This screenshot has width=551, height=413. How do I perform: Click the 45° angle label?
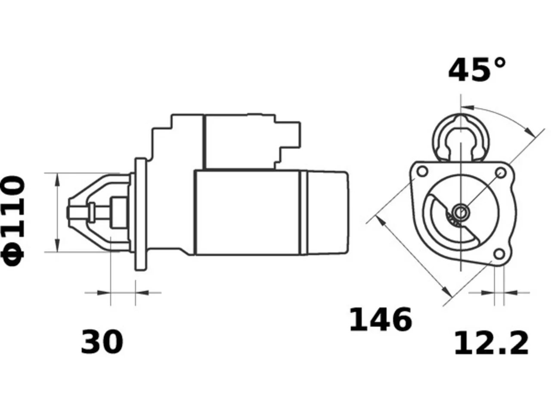point(477,70)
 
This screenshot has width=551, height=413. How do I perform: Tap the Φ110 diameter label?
point(13,221)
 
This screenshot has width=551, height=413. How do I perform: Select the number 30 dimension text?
point(102,342)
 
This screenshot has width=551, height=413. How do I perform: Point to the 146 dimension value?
point(381,319)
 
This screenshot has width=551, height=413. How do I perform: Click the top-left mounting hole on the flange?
point(422,172)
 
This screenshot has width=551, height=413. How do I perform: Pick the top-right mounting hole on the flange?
point(501,173)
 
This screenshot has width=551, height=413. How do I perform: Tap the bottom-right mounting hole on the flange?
point(499,254)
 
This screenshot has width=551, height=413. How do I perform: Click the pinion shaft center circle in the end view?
point(461,213)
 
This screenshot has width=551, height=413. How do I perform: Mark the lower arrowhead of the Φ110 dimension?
point(58,246)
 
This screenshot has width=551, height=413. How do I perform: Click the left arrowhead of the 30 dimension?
point(104,293)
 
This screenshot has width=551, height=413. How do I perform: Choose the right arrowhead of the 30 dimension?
point(142,293)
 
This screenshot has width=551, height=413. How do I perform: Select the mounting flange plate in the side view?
point(141,214)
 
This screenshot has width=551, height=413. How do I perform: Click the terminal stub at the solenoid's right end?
point(290,135)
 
